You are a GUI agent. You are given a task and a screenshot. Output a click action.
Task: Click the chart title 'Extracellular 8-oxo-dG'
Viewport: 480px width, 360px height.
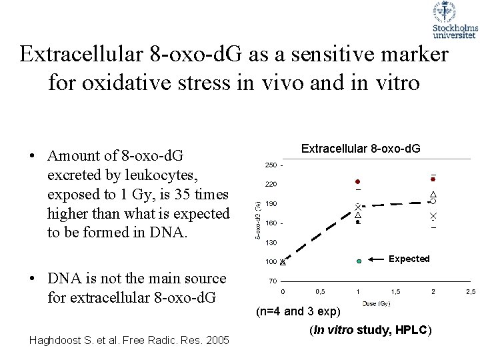pyautogui.click(x=361, y=149)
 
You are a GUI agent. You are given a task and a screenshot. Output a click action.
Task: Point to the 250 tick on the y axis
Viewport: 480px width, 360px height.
pyautogui.click(x=271, y=165)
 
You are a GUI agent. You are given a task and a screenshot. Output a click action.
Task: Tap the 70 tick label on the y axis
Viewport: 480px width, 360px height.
pyautogui.click(x=272, y=281)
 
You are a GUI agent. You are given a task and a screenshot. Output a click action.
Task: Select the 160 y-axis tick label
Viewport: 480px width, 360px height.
pyautogui.click(x=271, y=223)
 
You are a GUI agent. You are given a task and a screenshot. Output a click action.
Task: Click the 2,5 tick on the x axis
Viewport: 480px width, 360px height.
pyautogui.click(x=471, y=292)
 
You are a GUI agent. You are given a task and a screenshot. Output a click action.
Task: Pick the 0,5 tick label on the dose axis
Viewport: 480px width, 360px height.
pyautogui.click(x=320, y=292)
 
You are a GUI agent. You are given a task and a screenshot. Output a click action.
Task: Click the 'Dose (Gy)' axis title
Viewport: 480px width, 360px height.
pyautogui.click(x=377, y=304)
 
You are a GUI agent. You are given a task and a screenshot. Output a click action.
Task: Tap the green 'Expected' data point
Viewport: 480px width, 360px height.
pyautogui.click(x=358, y=261)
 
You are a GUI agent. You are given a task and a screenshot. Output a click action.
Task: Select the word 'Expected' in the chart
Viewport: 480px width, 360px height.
pyautogui.click(x=409, y=259)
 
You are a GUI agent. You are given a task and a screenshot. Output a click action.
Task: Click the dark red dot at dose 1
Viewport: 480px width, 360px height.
pyautogui.click(x=357, y=181)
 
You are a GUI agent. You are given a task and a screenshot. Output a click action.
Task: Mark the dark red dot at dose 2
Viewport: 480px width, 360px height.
pyautogui.click(x=433, y=179)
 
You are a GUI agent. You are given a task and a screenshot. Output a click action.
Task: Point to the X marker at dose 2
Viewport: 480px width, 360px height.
pyautogui.click(x=433, y=217)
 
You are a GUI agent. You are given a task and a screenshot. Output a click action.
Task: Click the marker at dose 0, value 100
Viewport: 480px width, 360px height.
pyautogui.click(x=283, y=261)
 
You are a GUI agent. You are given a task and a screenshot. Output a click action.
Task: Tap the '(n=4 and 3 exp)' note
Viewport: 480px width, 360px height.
pyautogui.click(x=298, y=312)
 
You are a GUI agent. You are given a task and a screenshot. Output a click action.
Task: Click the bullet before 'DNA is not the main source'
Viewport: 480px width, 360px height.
pyautogui.click(x=31, y=279)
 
